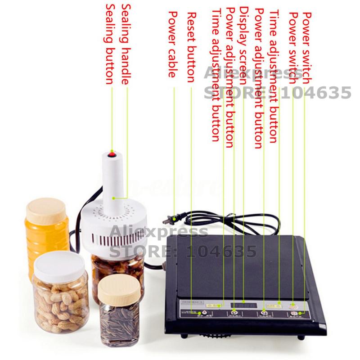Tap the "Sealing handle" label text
(x=126, y=45)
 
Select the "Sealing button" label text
(x=109, y=45)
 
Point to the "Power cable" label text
(x=171, y=45)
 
